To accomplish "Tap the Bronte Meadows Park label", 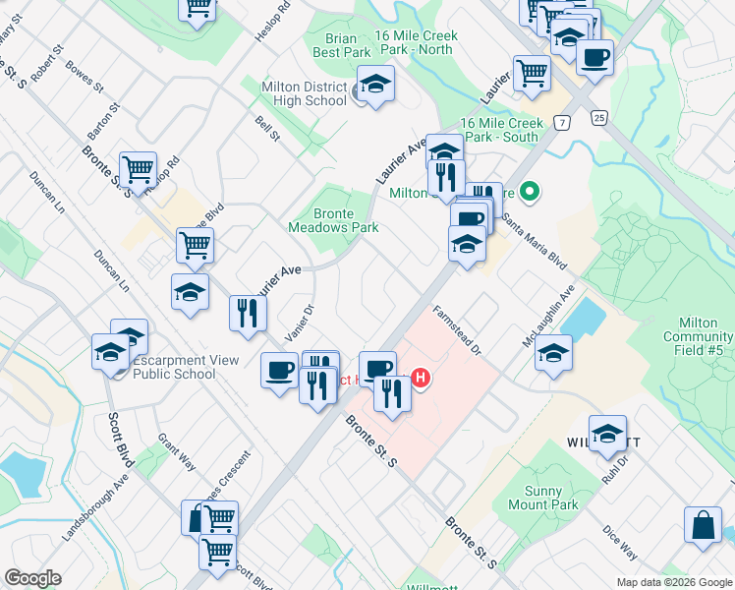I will coord(333,219).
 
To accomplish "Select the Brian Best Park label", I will coord(341,43).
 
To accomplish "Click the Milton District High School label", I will coord(304,93).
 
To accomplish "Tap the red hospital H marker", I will coord(422,378).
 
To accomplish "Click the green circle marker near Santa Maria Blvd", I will coord(531,191).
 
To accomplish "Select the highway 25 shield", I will coord(598,117).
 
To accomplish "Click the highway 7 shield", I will coord(561,122).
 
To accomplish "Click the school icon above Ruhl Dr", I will coord(607,433).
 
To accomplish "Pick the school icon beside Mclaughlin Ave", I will coord(553,352).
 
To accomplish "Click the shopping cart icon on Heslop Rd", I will coord(138,169).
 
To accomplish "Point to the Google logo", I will coord(32,578).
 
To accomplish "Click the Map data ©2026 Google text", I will coord(674,583).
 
